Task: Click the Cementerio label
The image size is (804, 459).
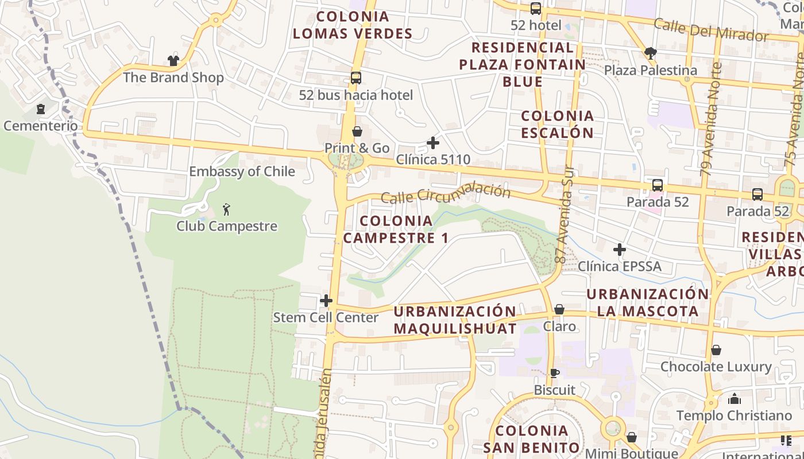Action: [x=40, y=126]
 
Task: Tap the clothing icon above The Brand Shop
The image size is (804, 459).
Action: [x=173, y=60]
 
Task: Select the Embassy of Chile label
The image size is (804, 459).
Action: [x=242, y=172]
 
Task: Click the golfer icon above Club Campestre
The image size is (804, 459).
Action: [x=226, y=209]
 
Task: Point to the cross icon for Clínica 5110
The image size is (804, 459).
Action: [x=433, y=143]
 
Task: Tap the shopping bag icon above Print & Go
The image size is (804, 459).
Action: [x=357, y=132]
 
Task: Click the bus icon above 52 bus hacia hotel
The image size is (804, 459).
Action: [x=356, y=78]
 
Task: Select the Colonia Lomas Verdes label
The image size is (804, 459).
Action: [x=353, y=25]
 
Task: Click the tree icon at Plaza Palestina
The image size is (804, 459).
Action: [x=650, y=53]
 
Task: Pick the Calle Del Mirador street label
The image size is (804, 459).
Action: [x=711, y=29]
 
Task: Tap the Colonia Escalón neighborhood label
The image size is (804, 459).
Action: [x=557, y=125]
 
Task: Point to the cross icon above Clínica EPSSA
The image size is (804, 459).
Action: [x=619, y=250]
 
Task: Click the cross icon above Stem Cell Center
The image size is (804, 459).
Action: [x=326, y=301]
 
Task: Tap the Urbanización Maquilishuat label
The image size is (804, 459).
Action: [x=455, y=320]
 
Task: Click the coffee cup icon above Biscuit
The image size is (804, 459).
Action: [x=554, y=374]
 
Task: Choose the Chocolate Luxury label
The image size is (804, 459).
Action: [x=716, y=367]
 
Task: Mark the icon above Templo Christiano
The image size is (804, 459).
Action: [x=734, y=399]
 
